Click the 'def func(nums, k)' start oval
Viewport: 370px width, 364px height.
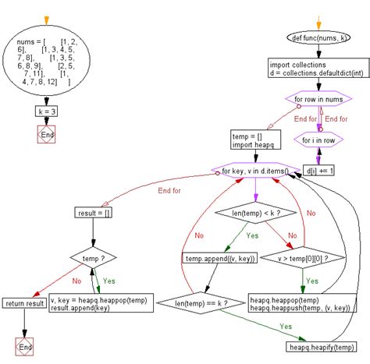(318, 37)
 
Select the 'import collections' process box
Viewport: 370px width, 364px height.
(318, 68)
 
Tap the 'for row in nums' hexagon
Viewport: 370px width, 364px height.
(318, 99)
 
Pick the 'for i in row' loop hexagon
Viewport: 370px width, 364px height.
(318, 140)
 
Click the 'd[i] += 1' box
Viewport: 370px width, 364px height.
(318, 171)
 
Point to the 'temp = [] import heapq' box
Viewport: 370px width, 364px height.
(256, 140)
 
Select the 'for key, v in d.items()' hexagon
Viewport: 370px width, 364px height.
(256, 171)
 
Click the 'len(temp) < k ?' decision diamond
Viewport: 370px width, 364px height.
(256, 213)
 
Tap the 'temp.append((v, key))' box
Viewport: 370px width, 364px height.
(220, 258)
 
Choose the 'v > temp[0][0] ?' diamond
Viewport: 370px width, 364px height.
(303, 258)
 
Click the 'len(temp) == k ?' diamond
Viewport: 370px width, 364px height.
(201, 303)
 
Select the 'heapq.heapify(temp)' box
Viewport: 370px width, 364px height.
(322, 347)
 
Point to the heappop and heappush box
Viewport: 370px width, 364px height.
(302, 303)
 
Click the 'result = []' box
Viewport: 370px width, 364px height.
(93, 213)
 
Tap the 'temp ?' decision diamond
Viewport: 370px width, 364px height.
(93, 258)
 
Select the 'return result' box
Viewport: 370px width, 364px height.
(24, 303)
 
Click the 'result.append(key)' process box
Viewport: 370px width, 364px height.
(101, 303)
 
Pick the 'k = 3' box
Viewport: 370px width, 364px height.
(46, 111)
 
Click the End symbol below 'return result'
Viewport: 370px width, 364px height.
(24, 347)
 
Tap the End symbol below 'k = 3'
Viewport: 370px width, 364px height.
(46, 134)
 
